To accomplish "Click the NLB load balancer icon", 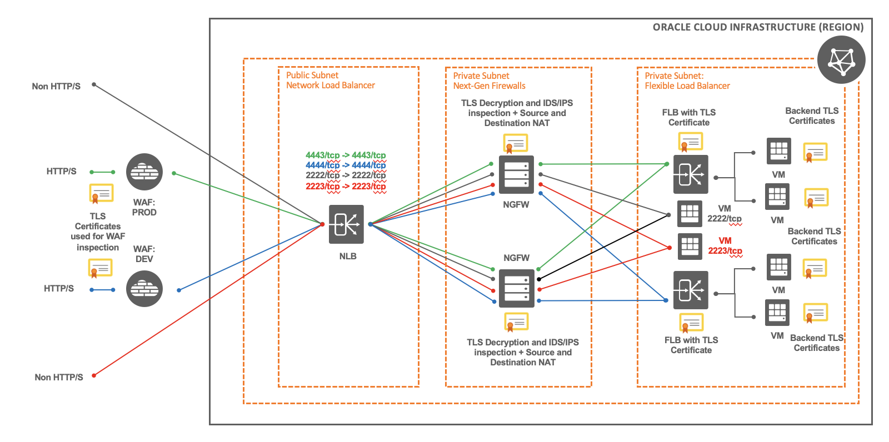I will pos(346,224).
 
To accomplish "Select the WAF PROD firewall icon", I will pos(144,172).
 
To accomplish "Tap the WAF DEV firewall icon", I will pos(144,289).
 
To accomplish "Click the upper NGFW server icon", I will pos(516,174).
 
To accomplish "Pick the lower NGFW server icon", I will pos(516,288).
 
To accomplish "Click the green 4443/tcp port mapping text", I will pos(346,155).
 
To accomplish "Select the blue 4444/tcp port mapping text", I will pos(346,165).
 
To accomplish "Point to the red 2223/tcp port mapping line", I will pos(346,186).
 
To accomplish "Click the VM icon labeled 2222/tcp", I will pos(690,214).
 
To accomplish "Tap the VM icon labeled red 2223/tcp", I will pos(690,246).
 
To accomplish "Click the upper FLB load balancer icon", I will pos(691,174).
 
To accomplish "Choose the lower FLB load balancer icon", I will pos(691,290).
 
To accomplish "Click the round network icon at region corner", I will pos(841,60).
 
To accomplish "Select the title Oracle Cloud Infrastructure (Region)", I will pos(758,27).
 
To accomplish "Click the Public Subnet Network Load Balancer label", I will pos(330,81).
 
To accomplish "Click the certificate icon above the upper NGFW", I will pos(516,143).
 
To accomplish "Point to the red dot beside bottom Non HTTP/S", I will pos(94,375).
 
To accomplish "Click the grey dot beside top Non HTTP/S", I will pos(94,85).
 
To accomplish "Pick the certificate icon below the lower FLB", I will pos(691,323).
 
